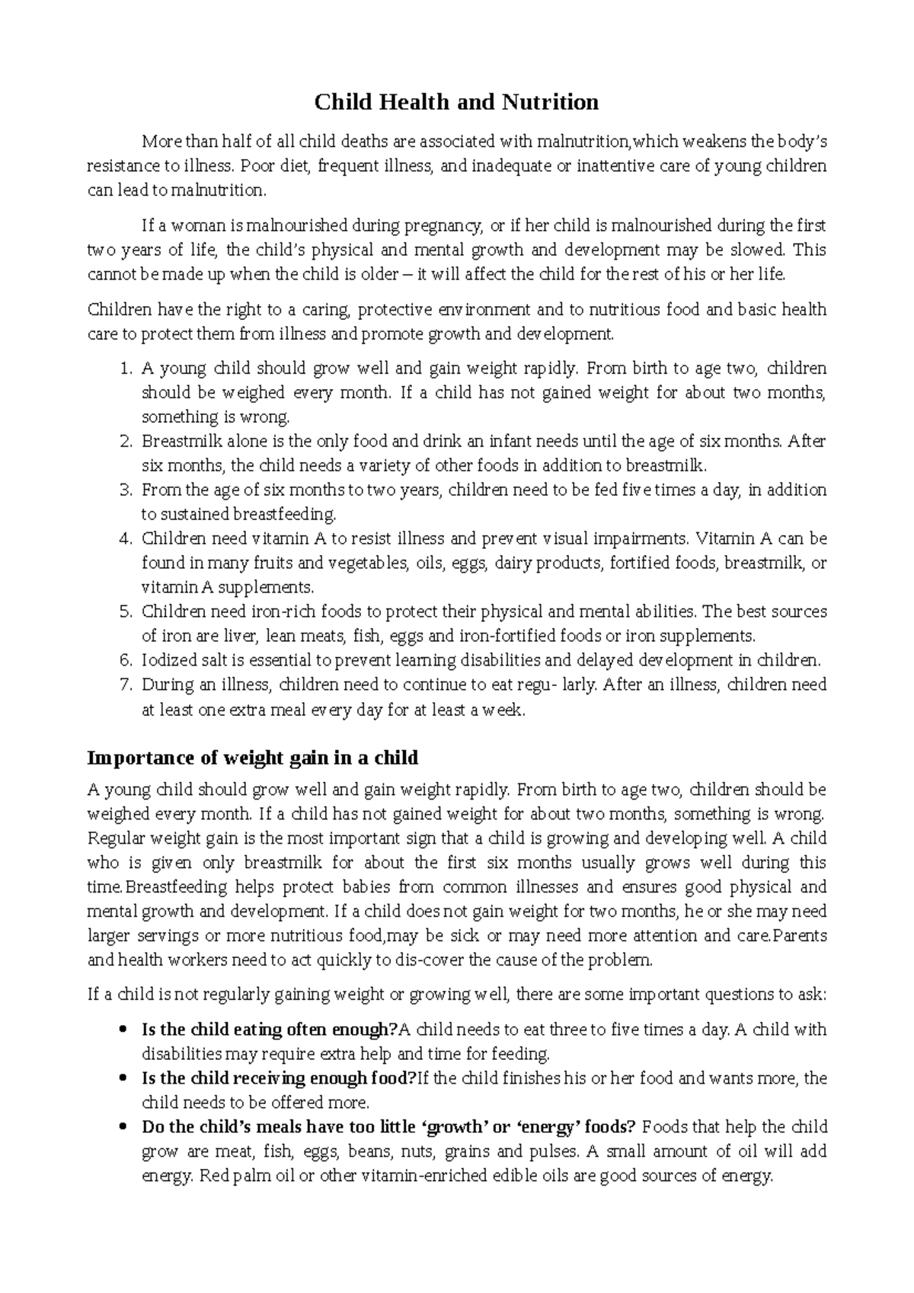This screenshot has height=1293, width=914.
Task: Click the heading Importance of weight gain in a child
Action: (x=253, y=758)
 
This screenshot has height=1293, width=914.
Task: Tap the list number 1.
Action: (x=126, y=369)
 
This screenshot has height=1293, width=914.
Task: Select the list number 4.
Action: (x=126, y=539)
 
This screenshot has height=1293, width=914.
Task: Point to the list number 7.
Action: (x=126, y=685)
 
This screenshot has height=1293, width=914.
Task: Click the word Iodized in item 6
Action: (x=165, y=660)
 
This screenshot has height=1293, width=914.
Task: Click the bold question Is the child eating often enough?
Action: (x=270, y=1030)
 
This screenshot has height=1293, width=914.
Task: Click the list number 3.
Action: (x=126, y=490)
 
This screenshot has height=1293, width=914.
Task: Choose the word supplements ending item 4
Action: (x=269, y=588)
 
